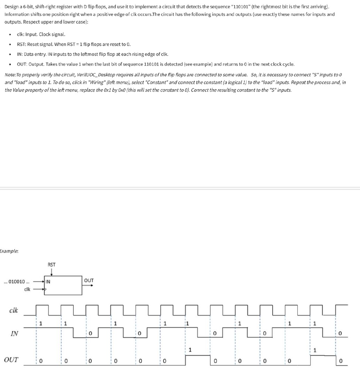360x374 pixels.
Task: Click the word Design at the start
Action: click(x=11, y=7)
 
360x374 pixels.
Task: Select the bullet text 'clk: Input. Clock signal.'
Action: click(x=41, y=34)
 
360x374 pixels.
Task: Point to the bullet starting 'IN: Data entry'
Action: click(x=93, y=54)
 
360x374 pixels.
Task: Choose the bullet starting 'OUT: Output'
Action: click(x=156, y=64)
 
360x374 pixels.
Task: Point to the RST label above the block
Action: click(x=51, y=265)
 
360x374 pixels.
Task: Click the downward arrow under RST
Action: click(x=51, y=272)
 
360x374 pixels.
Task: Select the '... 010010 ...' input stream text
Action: click(x=19, y=281)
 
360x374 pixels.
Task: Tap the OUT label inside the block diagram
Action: click(x=89, y=280)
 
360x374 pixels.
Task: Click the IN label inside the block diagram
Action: click(x=48, y=281)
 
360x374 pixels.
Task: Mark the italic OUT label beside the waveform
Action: click(x=12, y=360)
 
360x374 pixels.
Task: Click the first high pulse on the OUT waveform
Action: click(x=197, y=355)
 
